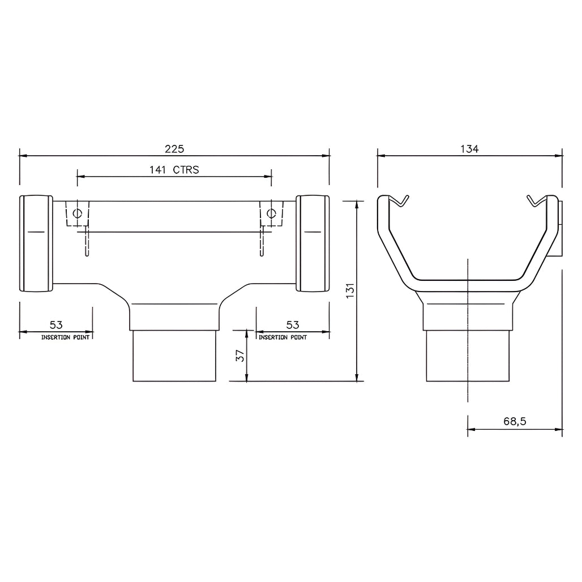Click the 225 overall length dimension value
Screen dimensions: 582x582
pyautogui.click(x=174, y=149)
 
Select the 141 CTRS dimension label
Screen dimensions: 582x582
pyautogui.click(x=174, y=170)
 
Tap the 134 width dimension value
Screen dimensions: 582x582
pyautogui.click(x=469, y=149)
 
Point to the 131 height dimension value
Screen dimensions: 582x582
pyautogui.click(x=350, y=290)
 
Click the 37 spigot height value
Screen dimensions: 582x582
pyautogui.click(x=240, y=356)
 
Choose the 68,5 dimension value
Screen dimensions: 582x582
pyautogui.click(x=515, y=421)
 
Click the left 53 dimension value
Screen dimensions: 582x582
pyautogui.click(x=56, y=325)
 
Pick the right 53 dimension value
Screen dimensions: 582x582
pyautogui.click(x=293, y=325)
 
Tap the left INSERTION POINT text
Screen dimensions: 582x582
pyautogui.click(x=65, y=337)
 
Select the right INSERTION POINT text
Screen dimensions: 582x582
pyautogui.click(x=283, y=337)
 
